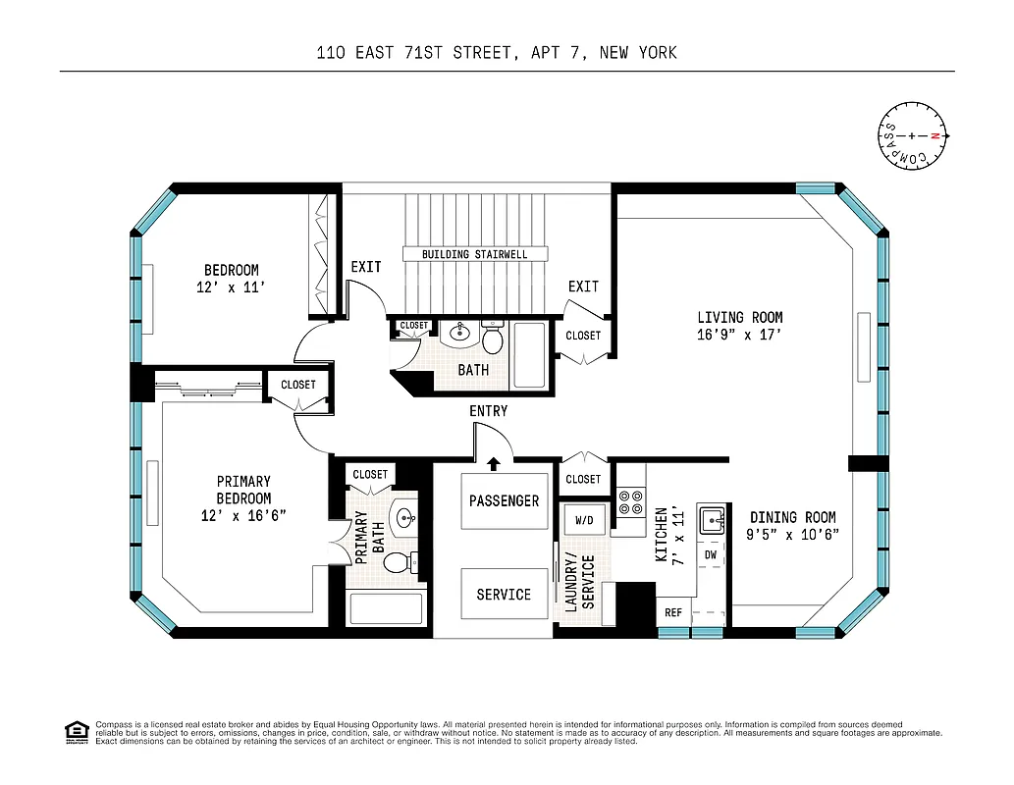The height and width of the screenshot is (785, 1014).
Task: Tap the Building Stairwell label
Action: coord(474,254)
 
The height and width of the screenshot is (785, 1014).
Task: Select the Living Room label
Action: coord(740,317)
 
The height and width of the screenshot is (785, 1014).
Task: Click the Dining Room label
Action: coord(793,517)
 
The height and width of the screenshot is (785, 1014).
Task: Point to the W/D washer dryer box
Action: coord(584,519)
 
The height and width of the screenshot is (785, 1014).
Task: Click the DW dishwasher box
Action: coord(711,555)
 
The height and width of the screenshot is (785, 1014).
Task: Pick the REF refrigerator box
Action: coord(673,612)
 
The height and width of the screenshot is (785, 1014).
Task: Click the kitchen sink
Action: coord(712,521)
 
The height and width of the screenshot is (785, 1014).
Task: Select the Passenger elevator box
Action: coord(504,500)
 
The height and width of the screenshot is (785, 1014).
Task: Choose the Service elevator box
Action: coord(504,594)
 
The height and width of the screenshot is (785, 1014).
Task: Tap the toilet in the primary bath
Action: coord(398,562)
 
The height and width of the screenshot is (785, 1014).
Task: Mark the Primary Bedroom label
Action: coord(243,489)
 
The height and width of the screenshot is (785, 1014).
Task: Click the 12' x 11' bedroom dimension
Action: coord(232,288)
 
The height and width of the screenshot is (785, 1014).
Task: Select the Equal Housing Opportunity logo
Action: coord(76,732)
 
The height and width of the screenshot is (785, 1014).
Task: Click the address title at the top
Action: coord(497,53)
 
